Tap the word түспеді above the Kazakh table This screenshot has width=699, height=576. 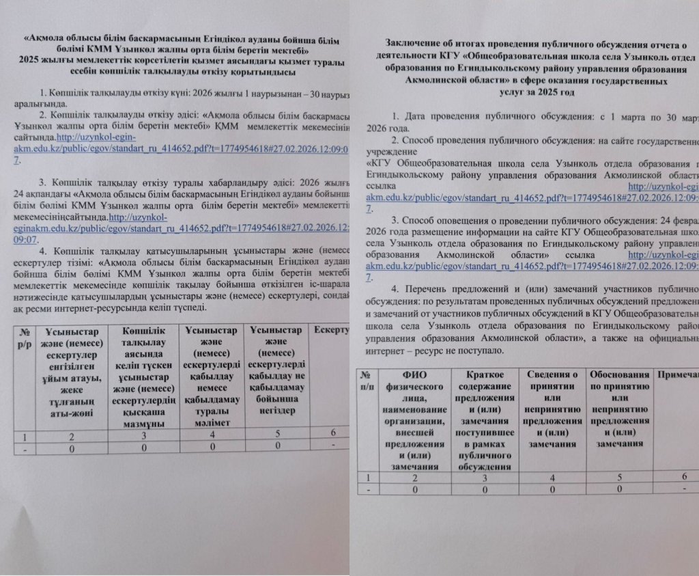190,308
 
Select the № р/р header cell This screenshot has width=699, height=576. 25,339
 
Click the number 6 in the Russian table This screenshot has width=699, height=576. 684,478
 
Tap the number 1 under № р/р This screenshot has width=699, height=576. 25,435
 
